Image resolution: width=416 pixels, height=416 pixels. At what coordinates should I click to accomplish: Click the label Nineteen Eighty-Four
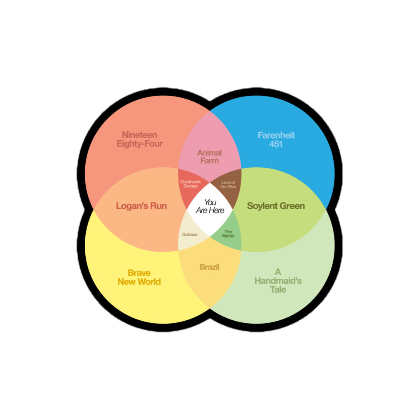(139, 139)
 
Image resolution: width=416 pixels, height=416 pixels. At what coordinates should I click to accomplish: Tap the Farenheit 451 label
(276, 140)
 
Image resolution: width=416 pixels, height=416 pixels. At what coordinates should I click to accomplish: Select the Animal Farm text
(209, 157)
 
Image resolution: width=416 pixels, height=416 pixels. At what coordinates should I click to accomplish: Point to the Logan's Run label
(141, 206)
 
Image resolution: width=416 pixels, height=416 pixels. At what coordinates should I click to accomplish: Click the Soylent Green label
(276, 206)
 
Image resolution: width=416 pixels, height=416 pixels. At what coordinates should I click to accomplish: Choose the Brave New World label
(139, 277)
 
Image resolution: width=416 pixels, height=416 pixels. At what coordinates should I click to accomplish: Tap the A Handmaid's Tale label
(278, 281)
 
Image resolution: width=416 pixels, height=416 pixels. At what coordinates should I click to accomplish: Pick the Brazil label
(209, 267)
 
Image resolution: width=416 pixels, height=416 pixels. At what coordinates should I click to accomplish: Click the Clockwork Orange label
(191, 184)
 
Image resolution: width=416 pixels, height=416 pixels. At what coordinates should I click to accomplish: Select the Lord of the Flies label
(228, 184)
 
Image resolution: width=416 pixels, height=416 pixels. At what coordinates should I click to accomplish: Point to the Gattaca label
(190, 235)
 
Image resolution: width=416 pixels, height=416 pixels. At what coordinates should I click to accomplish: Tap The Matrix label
(228, 234)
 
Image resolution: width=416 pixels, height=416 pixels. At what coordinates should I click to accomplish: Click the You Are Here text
(210, 206)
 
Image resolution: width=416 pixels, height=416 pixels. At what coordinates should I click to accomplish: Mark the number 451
(276, 144)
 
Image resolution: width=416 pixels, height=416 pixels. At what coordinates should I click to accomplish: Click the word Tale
(278, 290)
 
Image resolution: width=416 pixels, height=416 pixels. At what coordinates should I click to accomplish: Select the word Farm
(209, 161)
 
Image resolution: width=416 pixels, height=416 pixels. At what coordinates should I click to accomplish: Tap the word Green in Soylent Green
(292, 206)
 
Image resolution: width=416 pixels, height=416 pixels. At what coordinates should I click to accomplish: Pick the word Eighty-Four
(139, 144)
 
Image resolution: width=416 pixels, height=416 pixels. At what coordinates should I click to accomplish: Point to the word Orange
(191, 186)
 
